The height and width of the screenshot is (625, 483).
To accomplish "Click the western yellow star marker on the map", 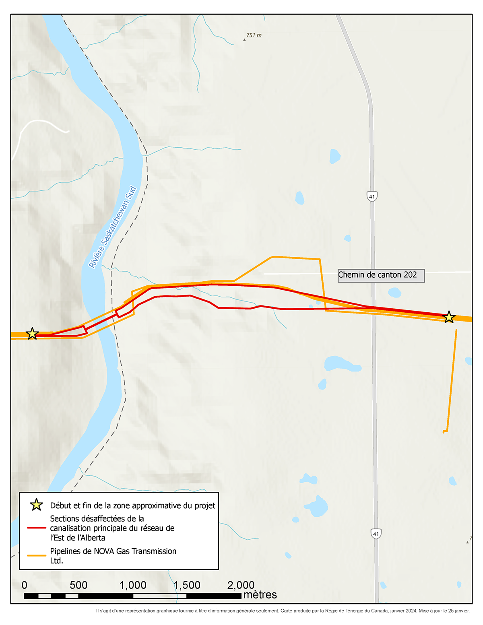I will point(32,334).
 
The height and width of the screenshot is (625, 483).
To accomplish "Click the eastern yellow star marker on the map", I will point(449,317).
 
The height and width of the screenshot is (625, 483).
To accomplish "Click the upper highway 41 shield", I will point(372,196).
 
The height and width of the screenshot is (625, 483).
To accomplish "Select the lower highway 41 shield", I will point(376,534).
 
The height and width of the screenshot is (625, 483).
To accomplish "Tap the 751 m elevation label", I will point(254,35).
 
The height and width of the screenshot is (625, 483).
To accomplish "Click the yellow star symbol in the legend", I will point(36,505).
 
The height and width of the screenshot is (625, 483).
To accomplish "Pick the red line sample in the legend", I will point(36,528).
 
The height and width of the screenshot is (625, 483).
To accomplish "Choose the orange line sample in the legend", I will point(36,555).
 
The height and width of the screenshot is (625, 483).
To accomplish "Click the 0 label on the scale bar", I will point(25,585).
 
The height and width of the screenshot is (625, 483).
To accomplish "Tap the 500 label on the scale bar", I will point(78,585).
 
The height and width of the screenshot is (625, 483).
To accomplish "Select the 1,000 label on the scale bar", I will point(133,585).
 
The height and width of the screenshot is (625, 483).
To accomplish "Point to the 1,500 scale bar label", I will point(187,585).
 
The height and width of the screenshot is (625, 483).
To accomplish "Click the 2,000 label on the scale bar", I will point(241,585).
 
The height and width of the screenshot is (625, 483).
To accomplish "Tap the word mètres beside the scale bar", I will point(260,595).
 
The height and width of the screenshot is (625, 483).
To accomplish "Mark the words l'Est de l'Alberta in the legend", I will point(77,538).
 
